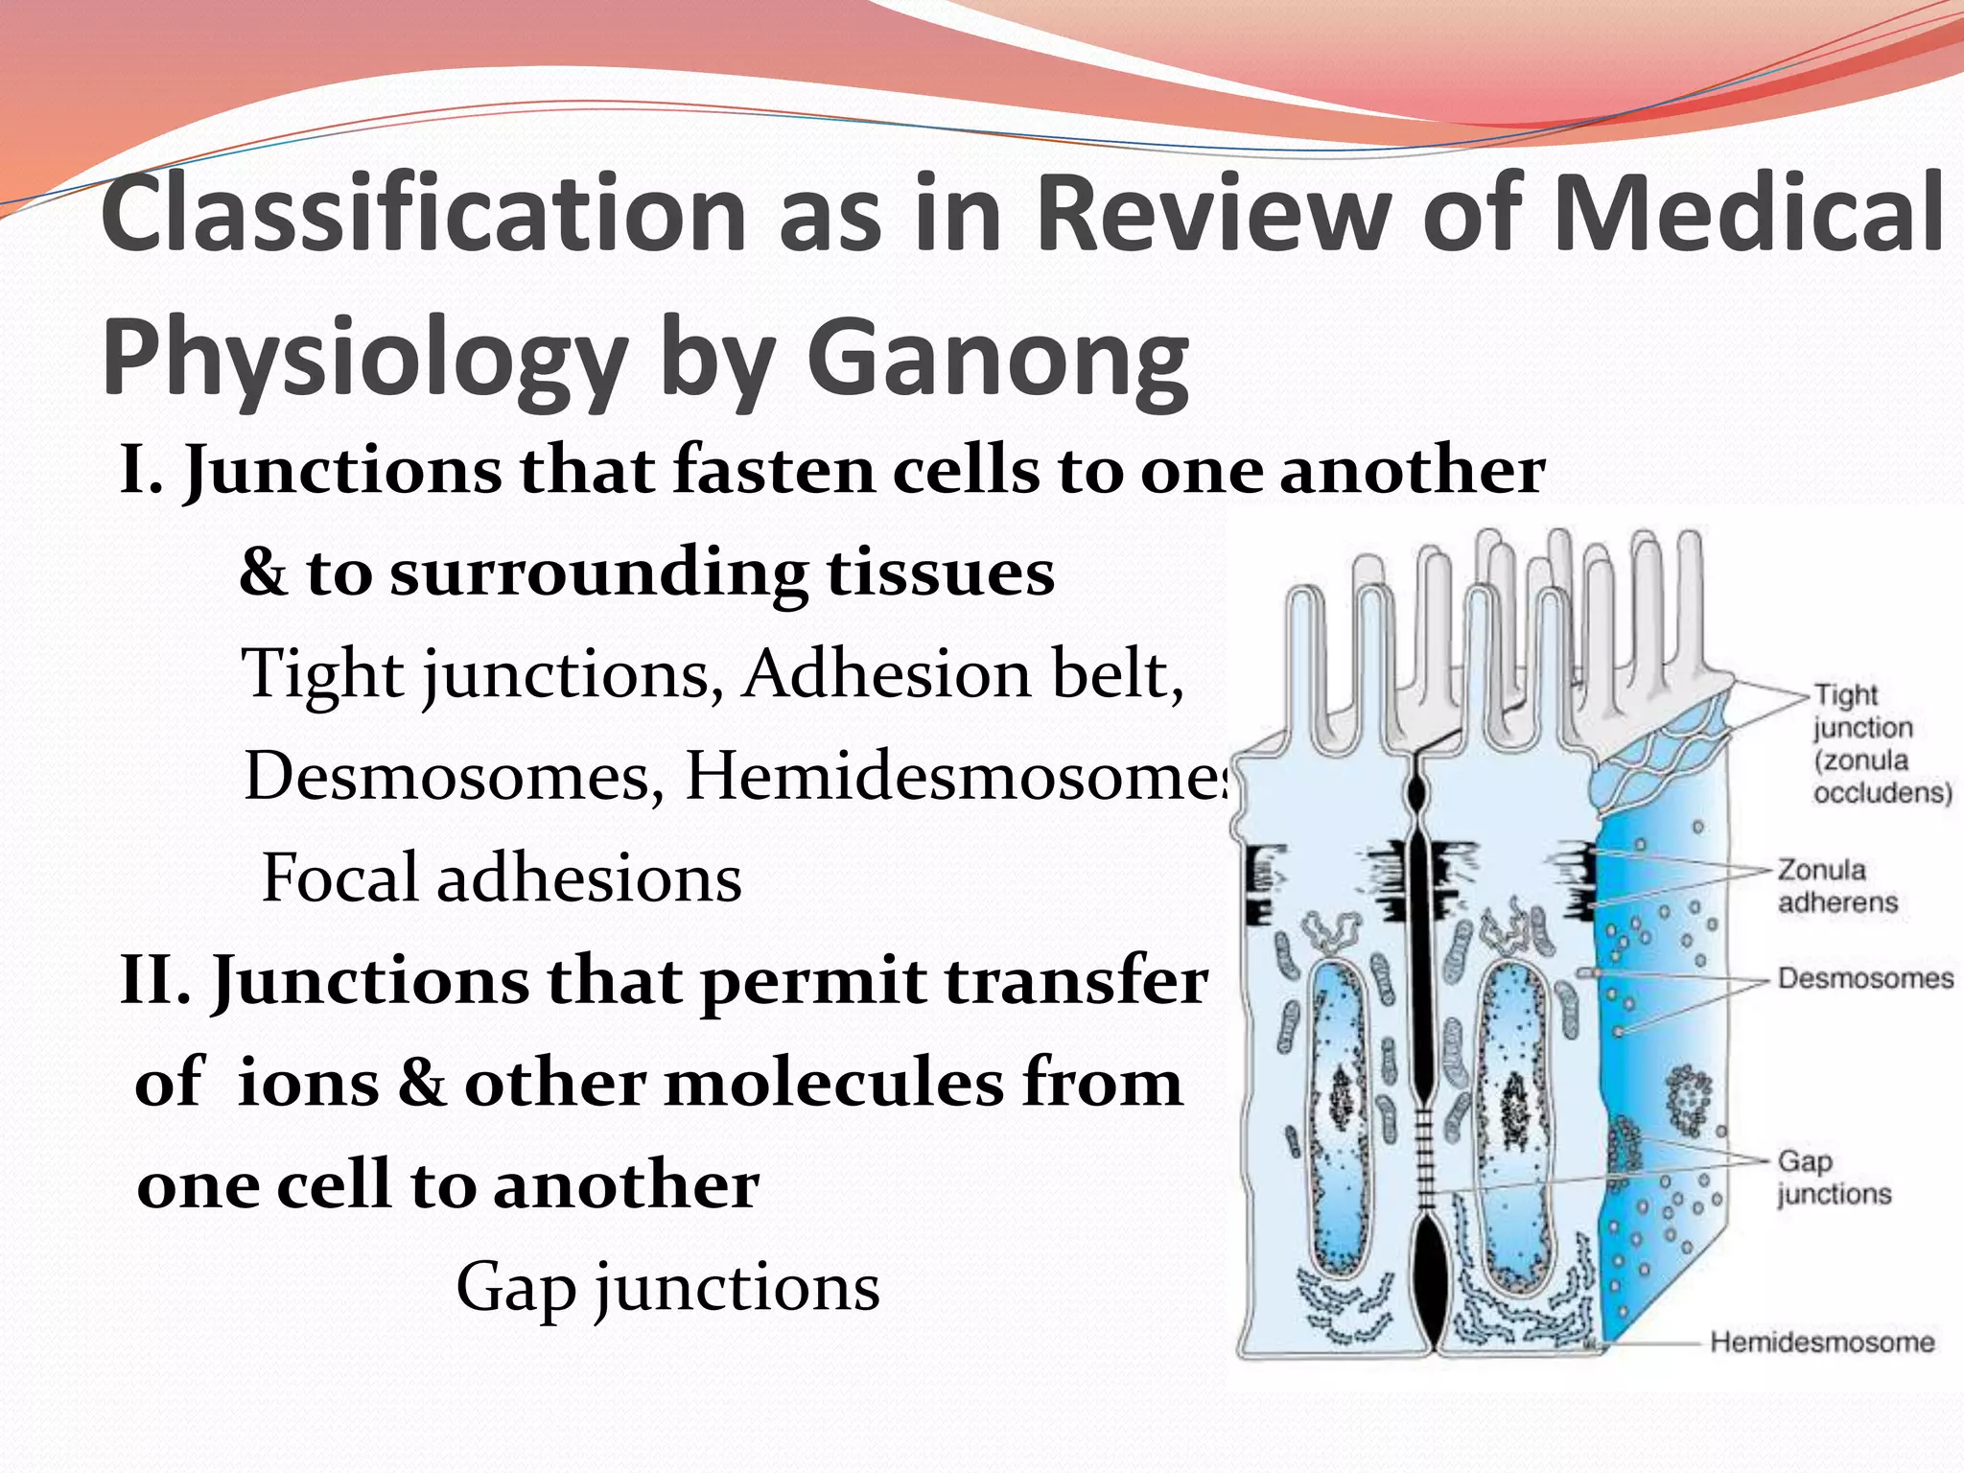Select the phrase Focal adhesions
pos(502,877)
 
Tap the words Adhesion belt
pos(964,673)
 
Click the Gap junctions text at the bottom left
pos(667,1286)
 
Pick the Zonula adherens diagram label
pos(1836,885)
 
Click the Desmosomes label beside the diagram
pos(1864,978)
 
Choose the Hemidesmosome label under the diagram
pos(1821,1342)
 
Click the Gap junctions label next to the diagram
pos(1834,1177)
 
